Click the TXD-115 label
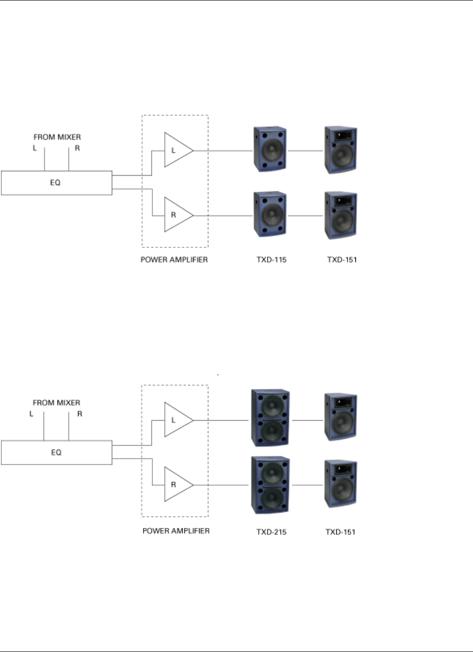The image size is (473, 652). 271,260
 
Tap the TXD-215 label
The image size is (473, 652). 271,531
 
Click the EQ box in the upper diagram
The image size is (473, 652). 56,183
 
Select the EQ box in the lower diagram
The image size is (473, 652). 56,452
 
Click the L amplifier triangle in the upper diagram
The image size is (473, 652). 176,150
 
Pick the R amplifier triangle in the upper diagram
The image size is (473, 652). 176,215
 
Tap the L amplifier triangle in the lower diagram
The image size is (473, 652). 176,420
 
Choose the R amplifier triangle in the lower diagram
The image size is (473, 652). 176,485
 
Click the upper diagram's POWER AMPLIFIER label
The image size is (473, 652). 174,260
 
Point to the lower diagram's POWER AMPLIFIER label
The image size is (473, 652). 176,530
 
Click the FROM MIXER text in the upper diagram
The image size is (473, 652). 57,137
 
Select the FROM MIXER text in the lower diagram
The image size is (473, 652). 57,403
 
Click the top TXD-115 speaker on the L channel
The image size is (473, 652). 270,149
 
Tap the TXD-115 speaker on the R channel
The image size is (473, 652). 270,214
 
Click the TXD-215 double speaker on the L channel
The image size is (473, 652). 270,418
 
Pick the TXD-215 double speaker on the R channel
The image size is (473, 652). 270,485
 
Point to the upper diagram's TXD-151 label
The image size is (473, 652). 342,260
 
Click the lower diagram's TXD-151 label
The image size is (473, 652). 340,531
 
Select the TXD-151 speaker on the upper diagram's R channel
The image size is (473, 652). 341,215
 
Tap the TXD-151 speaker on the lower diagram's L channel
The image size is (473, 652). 341,417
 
